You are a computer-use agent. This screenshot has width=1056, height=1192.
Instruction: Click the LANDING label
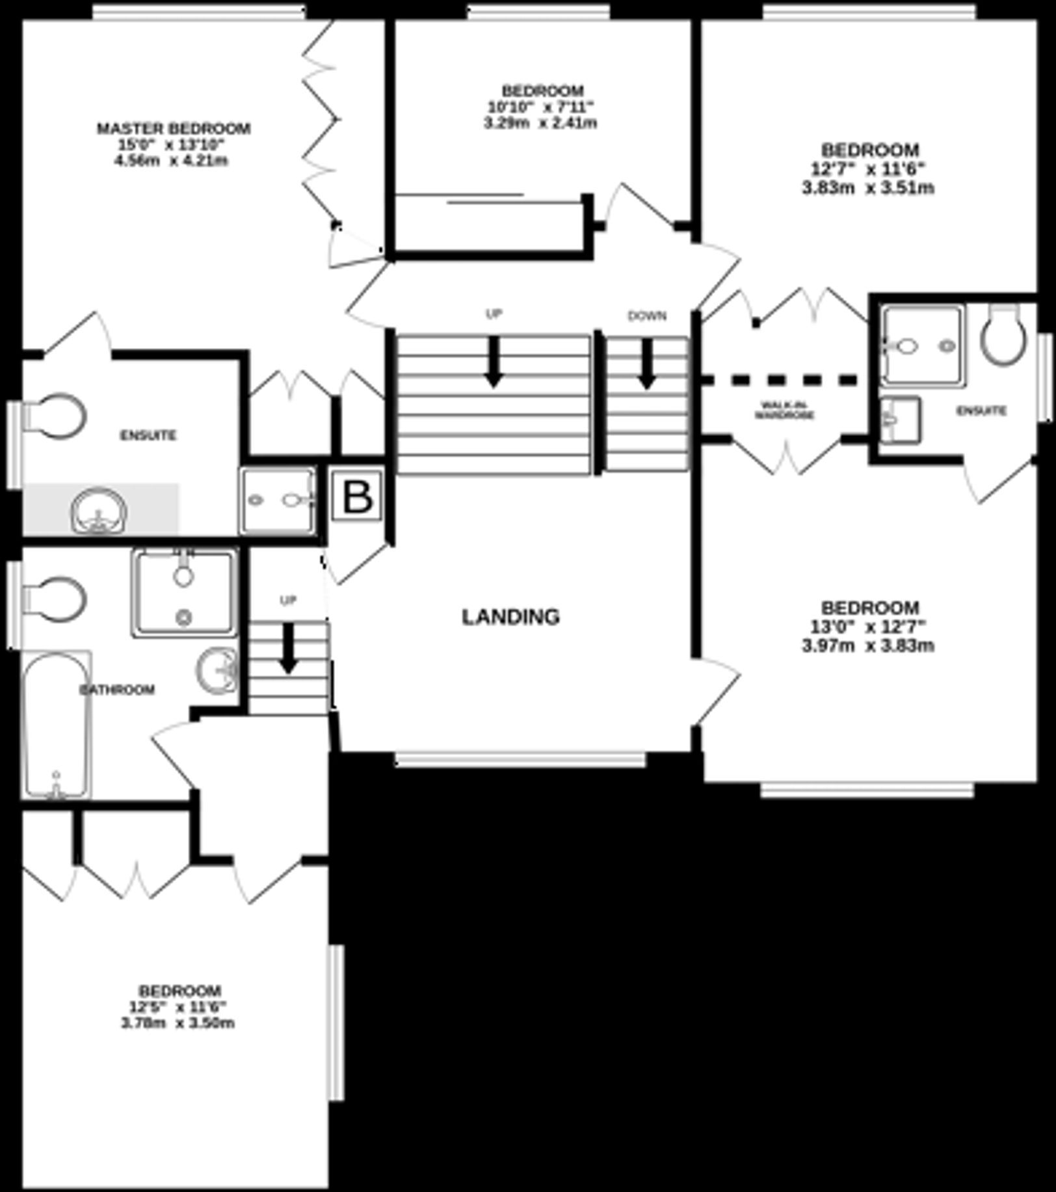[x=510, y=616]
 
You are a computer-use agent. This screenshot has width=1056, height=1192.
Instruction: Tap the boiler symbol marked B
[x=357, y=498]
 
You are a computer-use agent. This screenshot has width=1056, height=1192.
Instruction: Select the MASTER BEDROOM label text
[x=173, y=128]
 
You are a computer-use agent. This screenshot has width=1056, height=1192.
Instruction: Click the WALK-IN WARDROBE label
[x=784, y=411]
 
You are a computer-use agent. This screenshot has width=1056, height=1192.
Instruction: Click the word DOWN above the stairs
[x=646, y=316]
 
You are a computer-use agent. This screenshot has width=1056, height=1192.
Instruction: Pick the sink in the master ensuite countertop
[x=99, y=511]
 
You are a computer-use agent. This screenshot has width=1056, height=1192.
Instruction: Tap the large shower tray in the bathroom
[x=184, y=592]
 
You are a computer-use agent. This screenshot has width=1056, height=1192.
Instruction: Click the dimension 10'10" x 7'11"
[x=541, y=106]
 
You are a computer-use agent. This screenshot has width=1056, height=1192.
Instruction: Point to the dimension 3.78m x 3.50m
[x=178, y=1023]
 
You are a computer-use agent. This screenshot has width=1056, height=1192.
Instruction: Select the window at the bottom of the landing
[x=521, y=759]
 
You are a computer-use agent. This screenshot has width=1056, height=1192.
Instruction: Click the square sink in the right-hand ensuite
[x=900, y=420]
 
